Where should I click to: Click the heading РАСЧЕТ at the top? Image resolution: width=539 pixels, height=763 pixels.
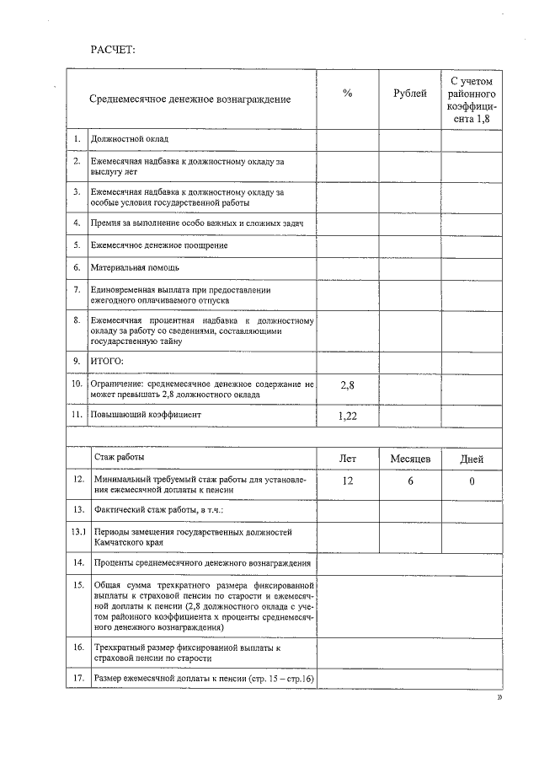click(x=113, y=49)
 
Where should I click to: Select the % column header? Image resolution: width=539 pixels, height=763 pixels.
click(x=347, y=94)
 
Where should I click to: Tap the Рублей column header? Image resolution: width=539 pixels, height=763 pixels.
click(x=409, y=94)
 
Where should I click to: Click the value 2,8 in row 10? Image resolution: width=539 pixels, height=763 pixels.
click(x=347, y=385)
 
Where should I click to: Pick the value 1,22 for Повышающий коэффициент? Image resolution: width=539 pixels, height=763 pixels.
click(x=347, y=416)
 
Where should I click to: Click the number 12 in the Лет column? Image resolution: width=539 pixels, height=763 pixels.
click(x=347, y=481)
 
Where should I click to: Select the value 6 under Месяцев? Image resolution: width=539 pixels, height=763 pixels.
click(x=410, y=481)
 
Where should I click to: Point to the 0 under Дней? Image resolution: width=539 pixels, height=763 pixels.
click(x=472, y=481)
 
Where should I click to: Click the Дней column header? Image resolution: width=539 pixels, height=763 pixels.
click(x=472, y=459)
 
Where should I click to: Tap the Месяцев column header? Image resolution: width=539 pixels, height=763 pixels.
click(x=410, y=459)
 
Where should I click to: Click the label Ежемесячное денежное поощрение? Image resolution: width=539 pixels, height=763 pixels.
click(x=159, y=244)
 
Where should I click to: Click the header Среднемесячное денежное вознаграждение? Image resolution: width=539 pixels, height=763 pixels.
click(x=190, y=99)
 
